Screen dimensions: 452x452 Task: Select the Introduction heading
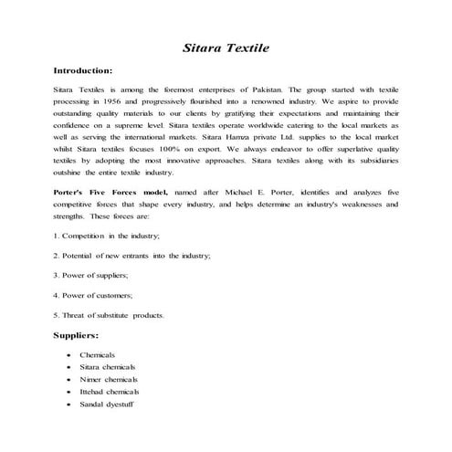pyautogui.click(x=83, y=70)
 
